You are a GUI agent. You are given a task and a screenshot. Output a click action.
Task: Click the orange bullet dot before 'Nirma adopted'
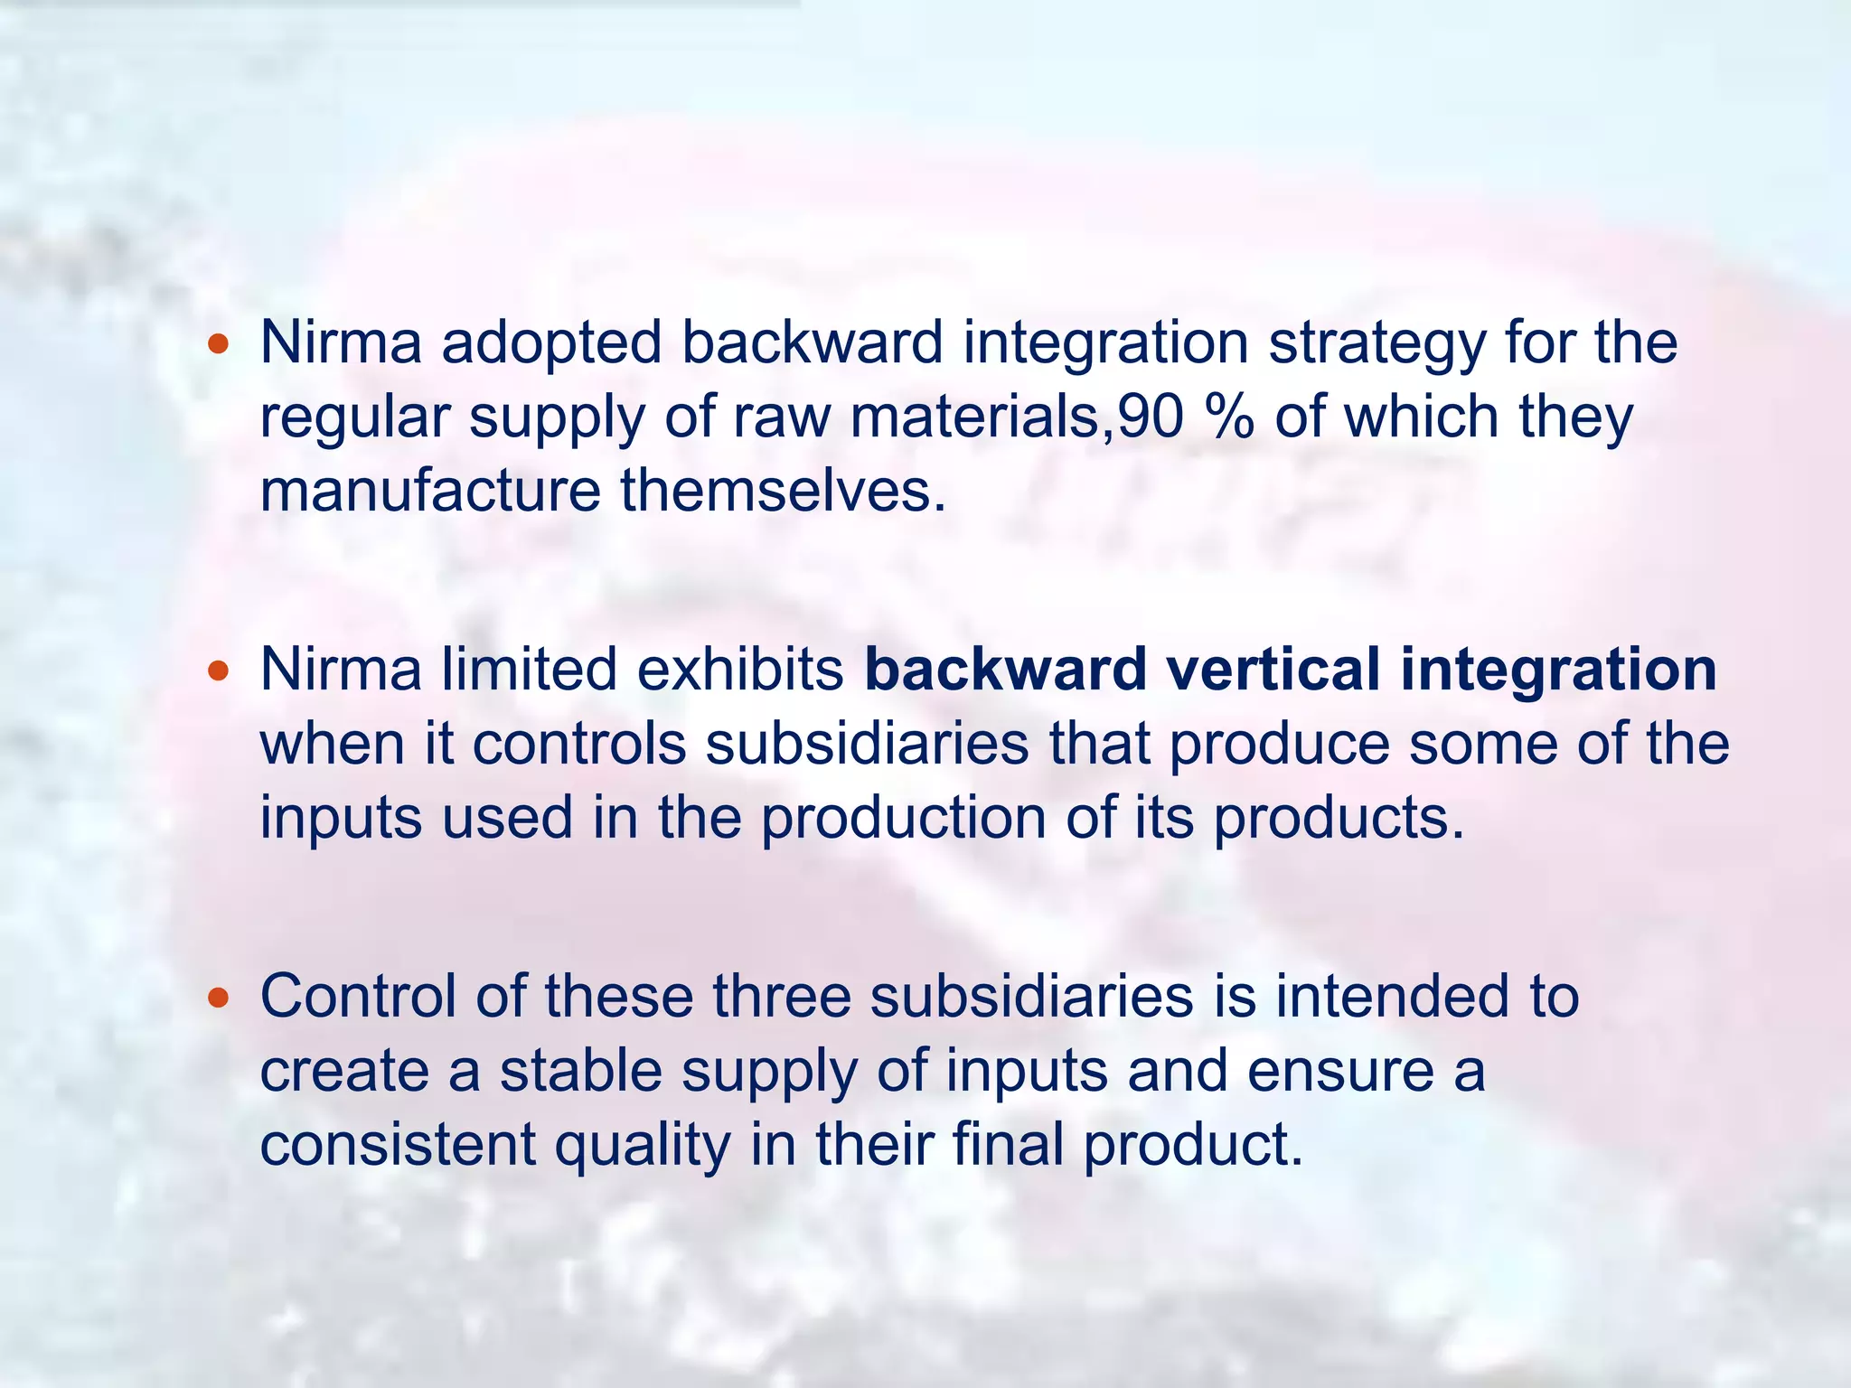[x=218, y=344]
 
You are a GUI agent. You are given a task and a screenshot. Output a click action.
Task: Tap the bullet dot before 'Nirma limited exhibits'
[x=218, y=671]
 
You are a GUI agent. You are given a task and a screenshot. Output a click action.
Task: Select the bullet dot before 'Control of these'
[x=218, y=998]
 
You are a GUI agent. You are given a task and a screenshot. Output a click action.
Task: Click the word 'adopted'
[x=551, y=343]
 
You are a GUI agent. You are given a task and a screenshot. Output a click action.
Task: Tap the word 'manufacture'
[x=430, y=491]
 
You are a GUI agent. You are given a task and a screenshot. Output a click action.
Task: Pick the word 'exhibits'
[x=740, y=671]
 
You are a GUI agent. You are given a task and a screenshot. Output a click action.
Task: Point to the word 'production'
[x=904, y=819]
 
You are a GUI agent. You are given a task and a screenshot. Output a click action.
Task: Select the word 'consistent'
[x=398, y=1145]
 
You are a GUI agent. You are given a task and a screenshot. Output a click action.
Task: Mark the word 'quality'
[x=643, y=1145]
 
